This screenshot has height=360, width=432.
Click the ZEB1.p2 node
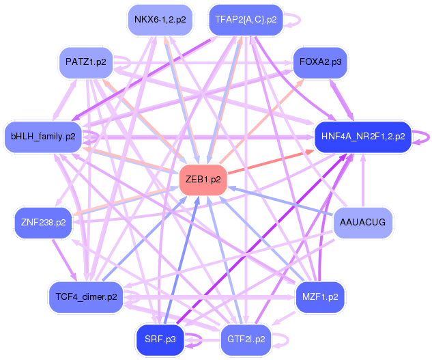[202, 180]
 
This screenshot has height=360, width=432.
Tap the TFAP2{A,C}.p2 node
[245, 19]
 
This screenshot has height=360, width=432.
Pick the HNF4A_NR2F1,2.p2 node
[362, 136]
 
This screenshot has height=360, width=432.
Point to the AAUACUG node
[362, 223]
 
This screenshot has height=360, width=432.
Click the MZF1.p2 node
[320, 297]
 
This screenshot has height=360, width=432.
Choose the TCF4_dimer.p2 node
[84, 297]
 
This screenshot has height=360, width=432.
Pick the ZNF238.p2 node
[43, 223]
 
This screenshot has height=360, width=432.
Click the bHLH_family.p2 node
[43, 136]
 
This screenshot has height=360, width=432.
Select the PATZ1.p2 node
[86, 62]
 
